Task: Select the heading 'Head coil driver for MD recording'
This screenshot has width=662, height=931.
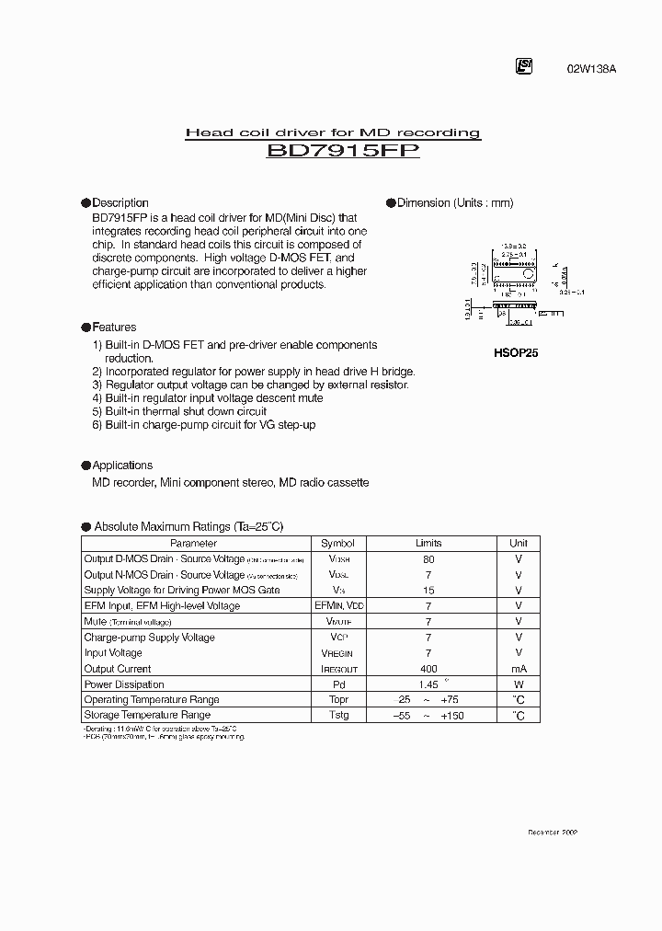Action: coord(333,132)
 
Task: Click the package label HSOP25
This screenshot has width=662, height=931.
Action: coord(514,352)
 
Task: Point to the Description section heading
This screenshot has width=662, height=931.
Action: coord(120,202)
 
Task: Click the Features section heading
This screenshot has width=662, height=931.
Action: coord(114,327)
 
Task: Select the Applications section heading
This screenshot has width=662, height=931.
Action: coord(122,465)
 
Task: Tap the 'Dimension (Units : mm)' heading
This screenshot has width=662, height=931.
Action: coord(454,202)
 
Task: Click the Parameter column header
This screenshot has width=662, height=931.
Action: coord(194,544)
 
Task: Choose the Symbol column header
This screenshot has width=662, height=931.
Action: coord(337,544)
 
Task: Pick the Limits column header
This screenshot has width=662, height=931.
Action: coord(428,544)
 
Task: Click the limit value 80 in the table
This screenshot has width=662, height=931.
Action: coord(428,559)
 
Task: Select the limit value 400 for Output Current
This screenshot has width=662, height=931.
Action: coord(428,669)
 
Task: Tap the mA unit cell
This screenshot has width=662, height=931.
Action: coord(519,669)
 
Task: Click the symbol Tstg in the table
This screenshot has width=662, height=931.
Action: coord(337,715)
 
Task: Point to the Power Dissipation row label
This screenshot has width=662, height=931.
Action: coord(124,684)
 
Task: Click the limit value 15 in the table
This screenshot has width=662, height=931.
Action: coord(428,591)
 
